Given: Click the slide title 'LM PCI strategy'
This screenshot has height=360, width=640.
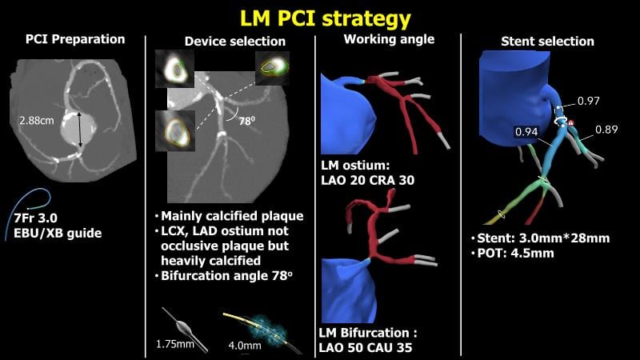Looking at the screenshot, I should (x=320, y=17).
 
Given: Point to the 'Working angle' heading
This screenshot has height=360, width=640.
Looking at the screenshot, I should (x=389, y=39).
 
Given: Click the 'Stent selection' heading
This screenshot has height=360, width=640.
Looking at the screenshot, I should (x=547, y=41).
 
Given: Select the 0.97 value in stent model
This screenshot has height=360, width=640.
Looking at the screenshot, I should (x=588, y=101).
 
